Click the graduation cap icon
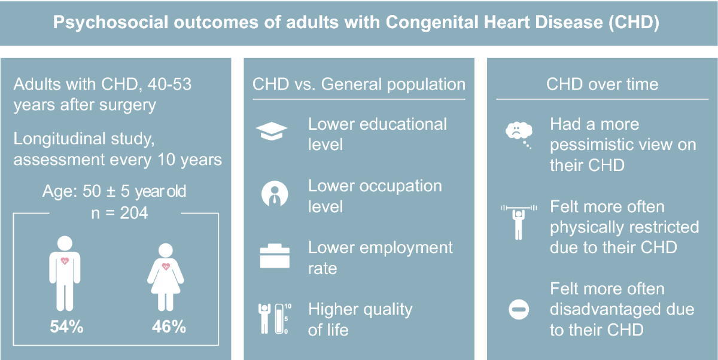[272, 132]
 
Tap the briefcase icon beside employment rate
[275, 256]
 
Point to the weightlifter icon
[519, 222]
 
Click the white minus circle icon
[519, 309]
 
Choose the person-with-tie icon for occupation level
[275, 194]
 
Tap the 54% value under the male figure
[66, 327]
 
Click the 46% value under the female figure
[169, 327]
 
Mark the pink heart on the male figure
[65, 261]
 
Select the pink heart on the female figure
[166, 266]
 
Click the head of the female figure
[166, 250]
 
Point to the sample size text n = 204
[120, 213]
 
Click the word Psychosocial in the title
[111, 22]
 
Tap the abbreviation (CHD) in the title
[634, 22]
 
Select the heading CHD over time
[603, 84]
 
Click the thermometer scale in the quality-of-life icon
[279, 319]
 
